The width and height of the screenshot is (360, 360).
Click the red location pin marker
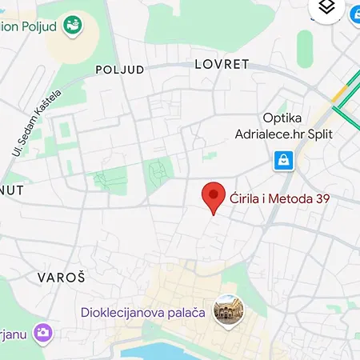212,196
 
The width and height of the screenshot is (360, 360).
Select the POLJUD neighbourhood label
120,70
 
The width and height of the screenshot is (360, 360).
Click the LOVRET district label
222,64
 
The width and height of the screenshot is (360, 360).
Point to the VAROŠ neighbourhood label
62,277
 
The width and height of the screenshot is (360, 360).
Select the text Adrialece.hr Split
284,134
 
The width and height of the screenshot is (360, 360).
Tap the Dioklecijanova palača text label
144,312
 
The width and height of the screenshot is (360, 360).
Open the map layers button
326,8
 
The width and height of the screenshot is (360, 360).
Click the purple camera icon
45,332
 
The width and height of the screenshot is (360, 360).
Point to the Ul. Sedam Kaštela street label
37,122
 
